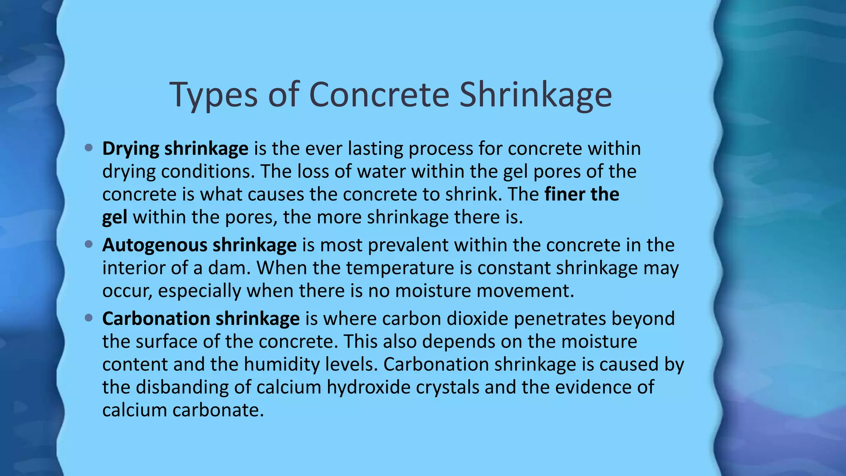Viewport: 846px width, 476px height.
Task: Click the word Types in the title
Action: point(213,95)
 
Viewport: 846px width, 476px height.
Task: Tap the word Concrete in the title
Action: point(379,95)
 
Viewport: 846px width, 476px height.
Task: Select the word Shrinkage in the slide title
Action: point(535,95)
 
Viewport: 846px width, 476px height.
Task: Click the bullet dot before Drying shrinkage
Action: point(88,148)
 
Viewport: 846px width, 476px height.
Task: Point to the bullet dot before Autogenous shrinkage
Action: point(88,245)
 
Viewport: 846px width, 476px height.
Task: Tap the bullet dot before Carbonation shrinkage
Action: point(88,318)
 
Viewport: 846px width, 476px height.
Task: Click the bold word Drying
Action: point(131,149)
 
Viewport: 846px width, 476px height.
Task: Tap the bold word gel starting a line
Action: point(114,218)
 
